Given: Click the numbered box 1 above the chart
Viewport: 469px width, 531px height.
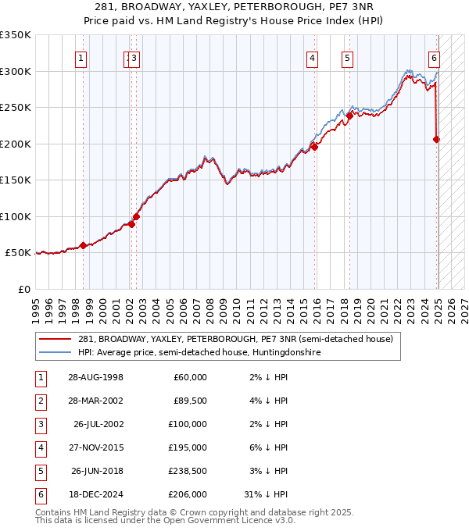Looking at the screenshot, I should (82, 57).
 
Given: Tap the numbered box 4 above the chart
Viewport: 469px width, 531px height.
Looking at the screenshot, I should (312, 57).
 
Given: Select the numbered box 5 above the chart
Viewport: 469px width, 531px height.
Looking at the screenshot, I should (347, 57).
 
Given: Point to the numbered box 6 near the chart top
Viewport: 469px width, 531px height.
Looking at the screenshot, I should (434, 57).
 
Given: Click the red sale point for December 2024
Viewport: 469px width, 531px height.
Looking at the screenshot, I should (436, 139).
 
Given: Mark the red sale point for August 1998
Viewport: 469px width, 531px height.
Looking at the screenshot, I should (83, 245).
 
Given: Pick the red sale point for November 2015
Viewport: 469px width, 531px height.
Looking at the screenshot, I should (313, 146).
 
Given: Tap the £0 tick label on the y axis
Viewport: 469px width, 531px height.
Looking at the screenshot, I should (24, 289).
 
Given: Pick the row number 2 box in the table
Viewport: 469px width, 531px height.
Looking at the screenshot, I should (39, 401).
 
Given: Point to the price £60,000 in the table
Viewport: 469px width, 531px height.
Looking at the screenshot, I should (188, 377).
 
